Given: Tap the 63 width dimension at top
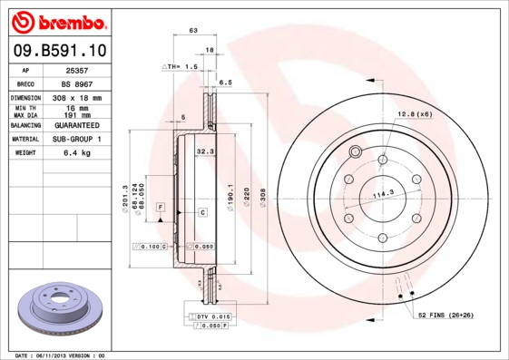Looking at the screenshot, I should click(193, 31).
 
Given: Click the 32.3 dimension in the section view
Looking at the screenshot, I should click(205, 152).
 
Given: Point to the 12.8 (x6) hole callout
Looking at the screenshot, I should click(415, 113).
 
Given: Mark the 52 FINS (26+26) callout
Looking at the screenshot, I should click(446, 315).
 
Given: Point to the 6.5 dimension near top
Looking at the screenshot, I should click(227, 82).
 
